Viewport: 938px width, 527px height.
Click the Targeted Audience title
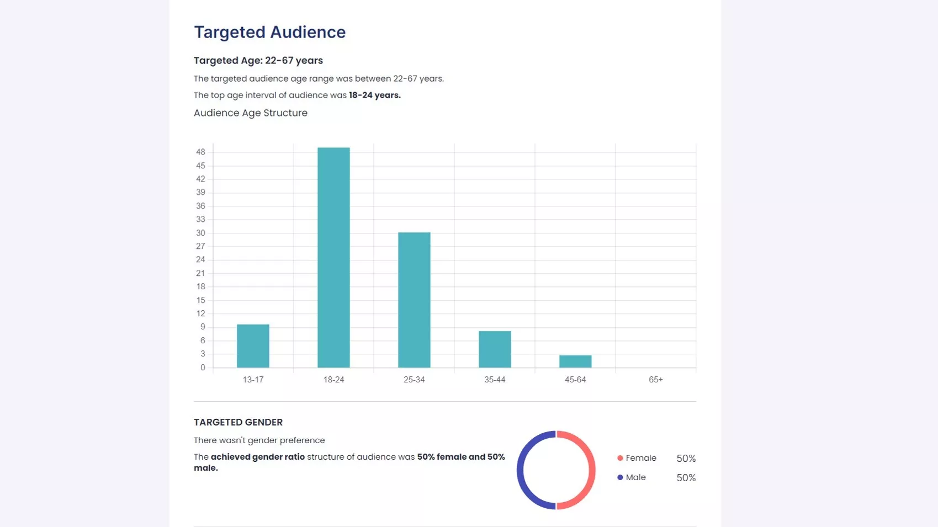[x=269, y=32]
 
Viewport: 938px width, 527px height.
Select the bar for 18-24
[x=333, y=257]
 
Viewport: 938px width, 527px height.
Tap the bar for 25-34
[x=414, y=300]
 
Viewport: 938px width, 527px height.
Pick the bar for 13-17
[x=253, y=346]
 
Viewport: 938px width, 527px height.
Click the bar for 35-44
[x=495, y=349]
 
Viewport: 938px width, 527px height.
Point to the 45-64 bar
[x=575, y=361]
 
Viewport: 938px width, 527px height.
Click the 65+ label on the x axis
[x=655, y=380]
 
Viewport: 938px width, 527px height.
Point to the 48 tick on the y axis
[x=200, y=152]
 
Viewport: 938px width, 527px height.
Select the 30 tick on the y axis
[x=200, y=233]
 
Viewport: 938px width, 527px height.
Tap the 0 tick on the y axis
[x=203, y=368]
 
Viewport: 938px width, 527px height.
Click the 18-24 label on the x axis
[x=333, y=380]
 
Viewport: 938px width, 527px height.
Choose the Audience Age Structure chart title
[x=251, y=113]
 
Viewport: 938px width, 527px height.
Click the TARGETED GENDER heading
[x=238, y=422]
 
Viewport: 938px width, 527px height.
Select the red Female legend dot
[x=620, y=458]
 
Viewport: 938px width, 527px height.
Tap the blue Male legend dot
[x=620, y=477]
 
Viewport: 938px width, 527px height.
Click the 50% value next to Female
[x=686, y=459]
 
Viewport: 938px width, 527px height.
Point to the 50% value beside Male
[x=686, y=478]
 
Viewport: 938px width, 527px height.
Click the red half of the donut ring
[x=592, y=470]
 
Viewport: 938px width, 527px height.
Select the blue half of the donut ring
[x=520, y=470]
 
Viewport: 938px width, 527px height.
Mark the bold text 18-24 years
[x=374, y=95]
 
